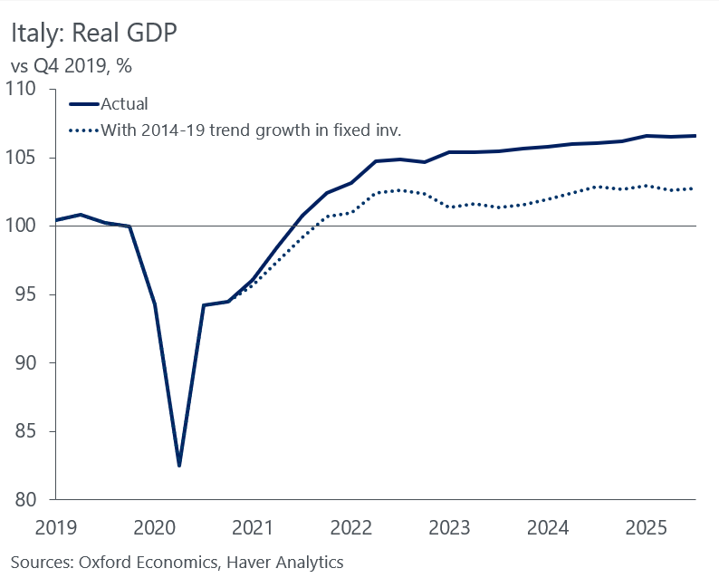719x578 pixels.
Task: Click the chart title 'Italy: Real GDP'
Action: coord(94,33)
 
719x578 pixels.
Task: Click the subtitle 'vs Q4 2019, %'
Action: coord(73,66)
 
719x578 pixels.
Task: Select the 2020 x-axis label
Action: coord(154,526)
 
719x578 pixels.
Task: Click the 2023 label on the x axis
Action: coord(449,526)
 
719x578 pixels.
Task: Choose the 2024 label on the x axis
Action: coord(548,526)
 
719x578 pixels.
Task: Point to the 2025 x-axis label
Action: coord(647,526)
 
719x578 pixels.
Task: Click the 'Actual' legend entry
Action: coord(124,104)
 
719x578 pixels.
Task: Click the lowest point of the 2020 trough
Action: coord(179,466)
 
